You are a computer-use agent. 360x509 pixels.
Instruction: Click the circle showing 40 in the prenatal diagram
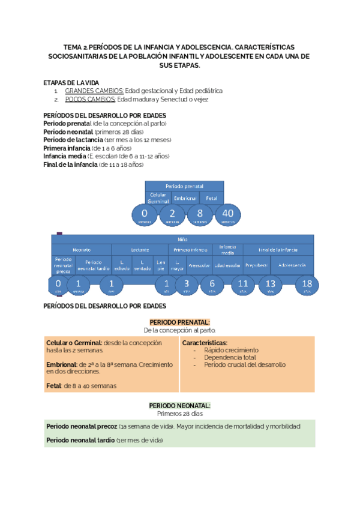(x=228, y=214)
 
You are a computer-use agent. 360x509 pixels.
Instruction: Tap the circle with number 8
(x=199, y=214)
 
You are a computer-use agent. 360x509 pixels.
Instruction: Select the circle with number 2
(x=173, y=214)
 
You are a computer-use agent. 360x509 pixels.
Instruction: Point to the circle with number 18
(x=307, y=284)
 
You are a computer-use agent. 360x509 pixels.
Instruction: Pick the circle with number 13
(x=270, y=284)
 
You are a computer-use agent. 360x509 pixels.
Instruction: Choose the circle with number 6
(x=212, y=284)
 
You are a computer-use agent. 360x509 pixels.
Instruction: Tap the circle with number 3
(x=186, y=284)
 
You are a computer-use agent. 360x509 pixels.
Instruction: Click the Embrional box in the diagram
(x=184, y=197)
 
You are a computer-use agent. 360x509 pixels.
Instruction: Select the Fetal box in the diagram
(x=211, y=197)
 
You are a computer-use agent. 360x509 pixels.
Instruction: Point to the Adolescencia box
(x=292, y=265)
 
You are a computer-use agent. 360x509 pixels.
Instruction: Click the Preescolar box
(x=198, y=265)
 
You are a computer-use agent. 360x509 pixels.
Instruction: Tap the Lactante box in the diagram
(x=140, y=249)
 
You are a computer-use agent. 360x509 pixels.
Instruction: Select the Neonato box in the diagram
(x=82, y=249)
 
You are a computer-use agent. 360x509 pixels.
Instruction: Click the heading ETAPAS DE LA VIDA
(x=71, y=82)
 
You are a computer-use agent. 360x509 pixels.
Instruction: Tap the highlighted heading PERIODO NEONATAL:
(x=180, y=406)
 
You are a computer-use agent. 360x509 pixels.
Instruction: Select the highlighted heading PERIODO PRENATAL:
(x=180, y=322)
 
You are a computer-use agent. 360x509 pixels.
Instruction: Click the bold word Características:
(x=205, y=343)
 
